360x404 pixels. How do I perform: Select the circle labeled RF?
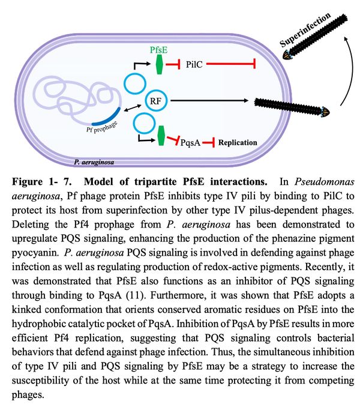tap(155, 101)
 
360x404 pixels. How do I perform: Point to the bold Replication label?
tap(238, 142)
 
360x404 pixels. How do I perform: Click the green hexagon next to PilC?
tap(159, 64)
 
